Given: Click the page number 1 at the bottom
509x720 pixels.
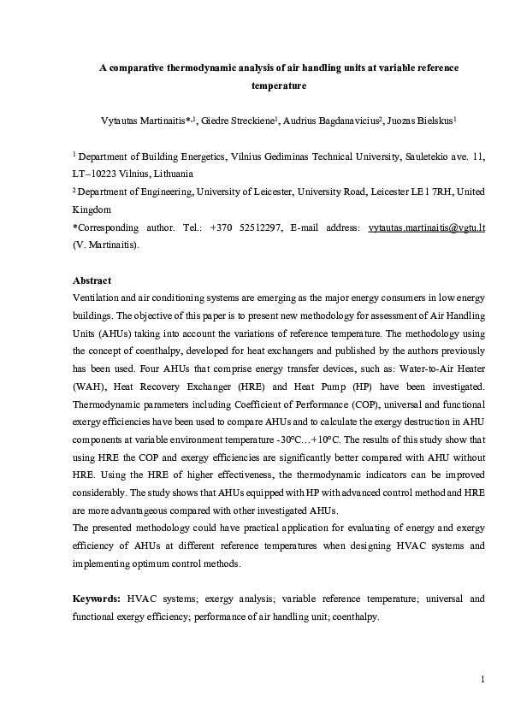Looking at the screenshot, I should pyautogui.click(x=482, y=680).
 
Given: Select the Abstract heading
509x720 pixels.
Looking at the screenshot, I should pyautogui.click(x=92, y=280).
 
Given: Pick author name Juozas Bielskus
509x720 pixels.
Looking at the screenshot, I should pyautogui.click(x=422, y=121).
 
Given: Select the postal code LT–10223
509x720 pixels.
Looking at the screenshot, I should pyautogui.click(x=97, y=172).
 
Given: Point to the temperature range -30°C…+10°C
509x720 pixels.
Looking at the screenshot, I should pyautogui.click(x=300, y=434).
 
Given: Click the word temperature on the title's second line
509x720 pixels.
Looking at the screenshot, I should pyautogui.click(x=279, y=86).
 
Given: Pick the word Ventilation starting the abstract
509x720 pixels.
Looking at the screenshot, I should pyautogui.click(x=98, y=296).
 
